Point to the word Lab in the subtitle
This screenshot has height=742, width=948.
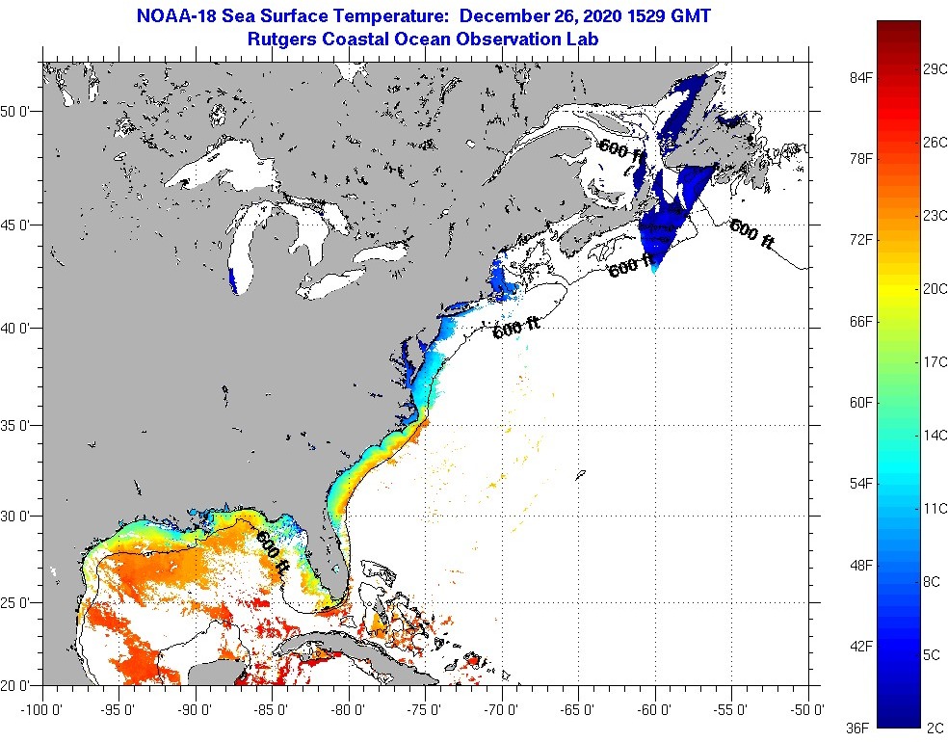[x=584, y=40]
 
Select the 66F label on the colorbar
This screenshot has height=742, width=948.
[x=861, y=320]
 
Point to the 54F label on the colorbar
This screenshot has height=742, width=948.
[x=861, y=483]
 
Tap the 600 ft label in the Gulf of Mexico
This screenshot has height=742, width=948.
[x=273, y=554]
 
